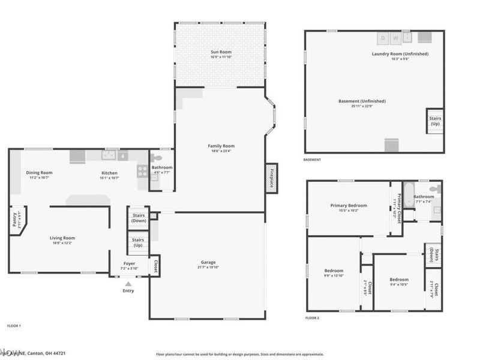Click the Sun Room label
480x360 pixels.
click(x=220, y=52)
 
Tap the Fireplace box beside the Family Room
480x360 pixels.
click(x=271, y=178)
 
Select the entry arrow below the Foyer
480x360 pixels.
click(x=127, y=283)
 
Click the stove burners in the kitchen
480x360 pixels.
click(x=143, y=170)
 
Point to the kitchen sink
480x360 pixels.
click(x=109, y=156)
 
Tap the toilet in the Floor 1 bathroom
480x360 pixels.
click(x=157, y=158)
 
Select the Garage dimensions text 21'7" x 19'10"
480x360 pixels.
click(x=208, y=268)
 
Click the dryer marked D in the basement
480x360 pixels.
click(x=383, y=38)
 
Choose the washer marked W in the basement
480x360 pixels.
click(x=395, y=38)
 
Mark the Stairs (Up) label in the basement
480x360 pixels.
click(x=435, y=121)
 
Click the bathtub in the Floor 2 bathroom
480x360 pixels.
click(x=409, y=196)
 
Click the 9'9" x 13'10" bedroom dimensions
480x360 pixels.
click(x=334, y=277)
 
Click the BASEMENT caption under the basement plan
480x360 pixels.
click(x=312, y=160)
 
